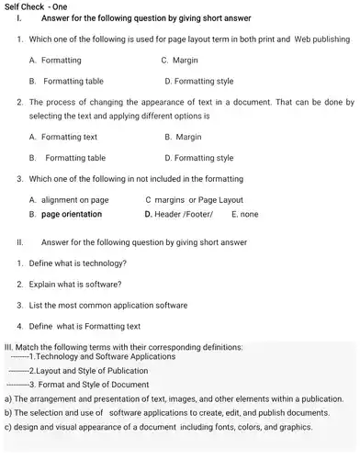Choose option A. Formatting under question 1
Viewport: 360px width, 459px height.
[x=57, y=60]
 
